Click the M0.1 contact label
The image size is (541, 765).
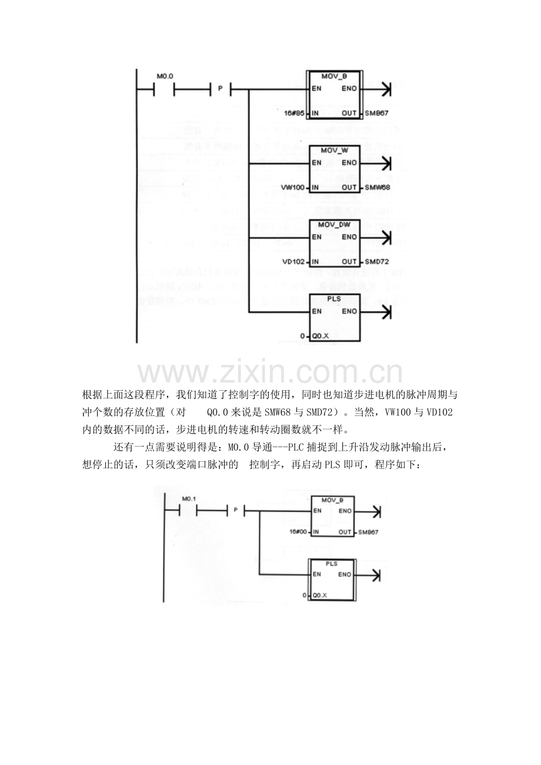[x=188, y=498]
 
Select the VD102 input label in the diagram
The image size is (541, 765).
[x=291, y=261]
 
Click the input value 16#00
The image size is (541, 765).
[x=299, y=532]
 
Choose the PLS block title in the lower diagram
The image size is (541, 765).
[x=332, y=563]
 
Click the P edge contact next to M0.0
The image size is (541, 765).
[x=221, y=89]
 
